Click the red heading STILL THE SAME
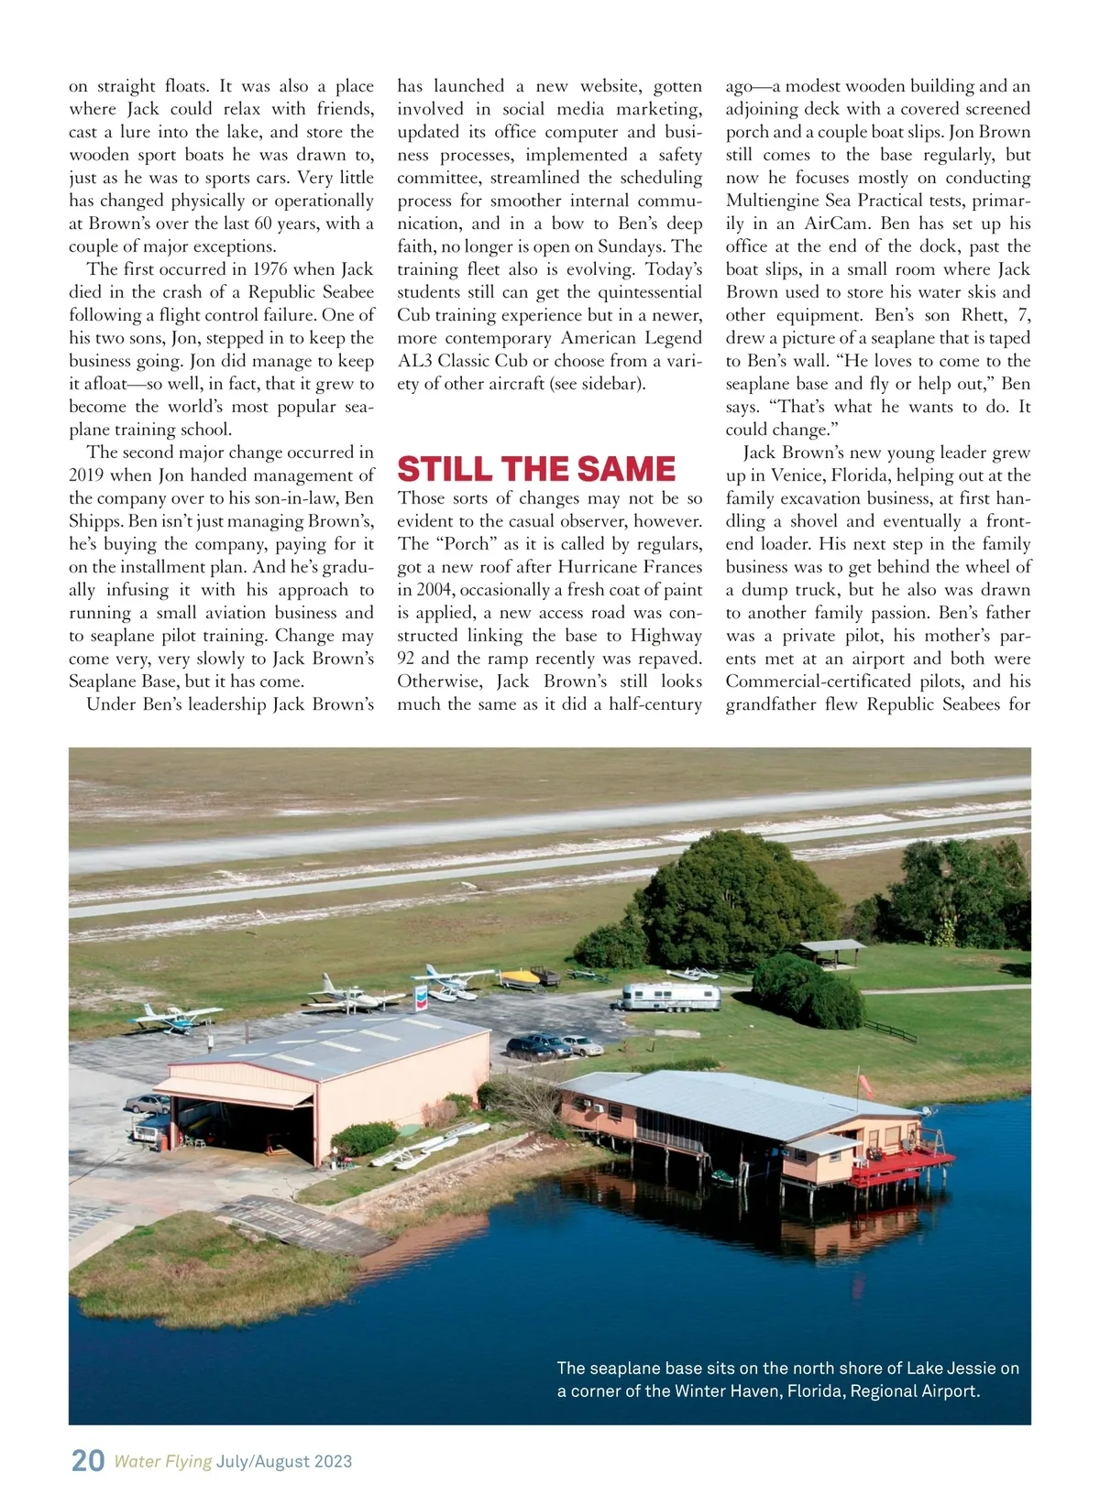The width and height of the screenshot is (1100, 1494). click(x=536, y=469)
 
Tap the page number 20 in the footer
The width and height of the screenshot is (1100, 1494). click(x=87, y=1460)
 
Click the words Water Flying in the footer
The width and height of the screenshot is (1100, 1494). click(x=163, y=1461)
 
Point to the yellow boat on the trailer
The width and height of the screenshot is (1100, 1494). click(x=519, y=977)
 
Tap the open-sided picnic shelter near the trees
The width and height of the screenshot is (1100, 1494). click(x=831, y=951)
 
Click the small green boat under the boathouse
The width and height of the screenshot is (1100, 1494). click(x=724, y=1176)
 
